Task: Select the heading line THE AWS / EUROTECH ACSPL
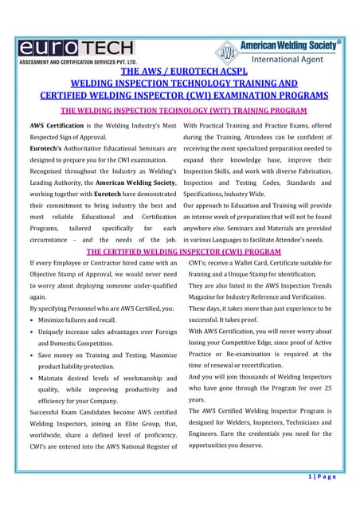(179, 70)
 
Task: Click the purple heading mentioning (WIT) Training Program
(179, 111)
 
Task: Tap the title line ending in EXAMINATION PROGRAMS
(179, 96)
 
